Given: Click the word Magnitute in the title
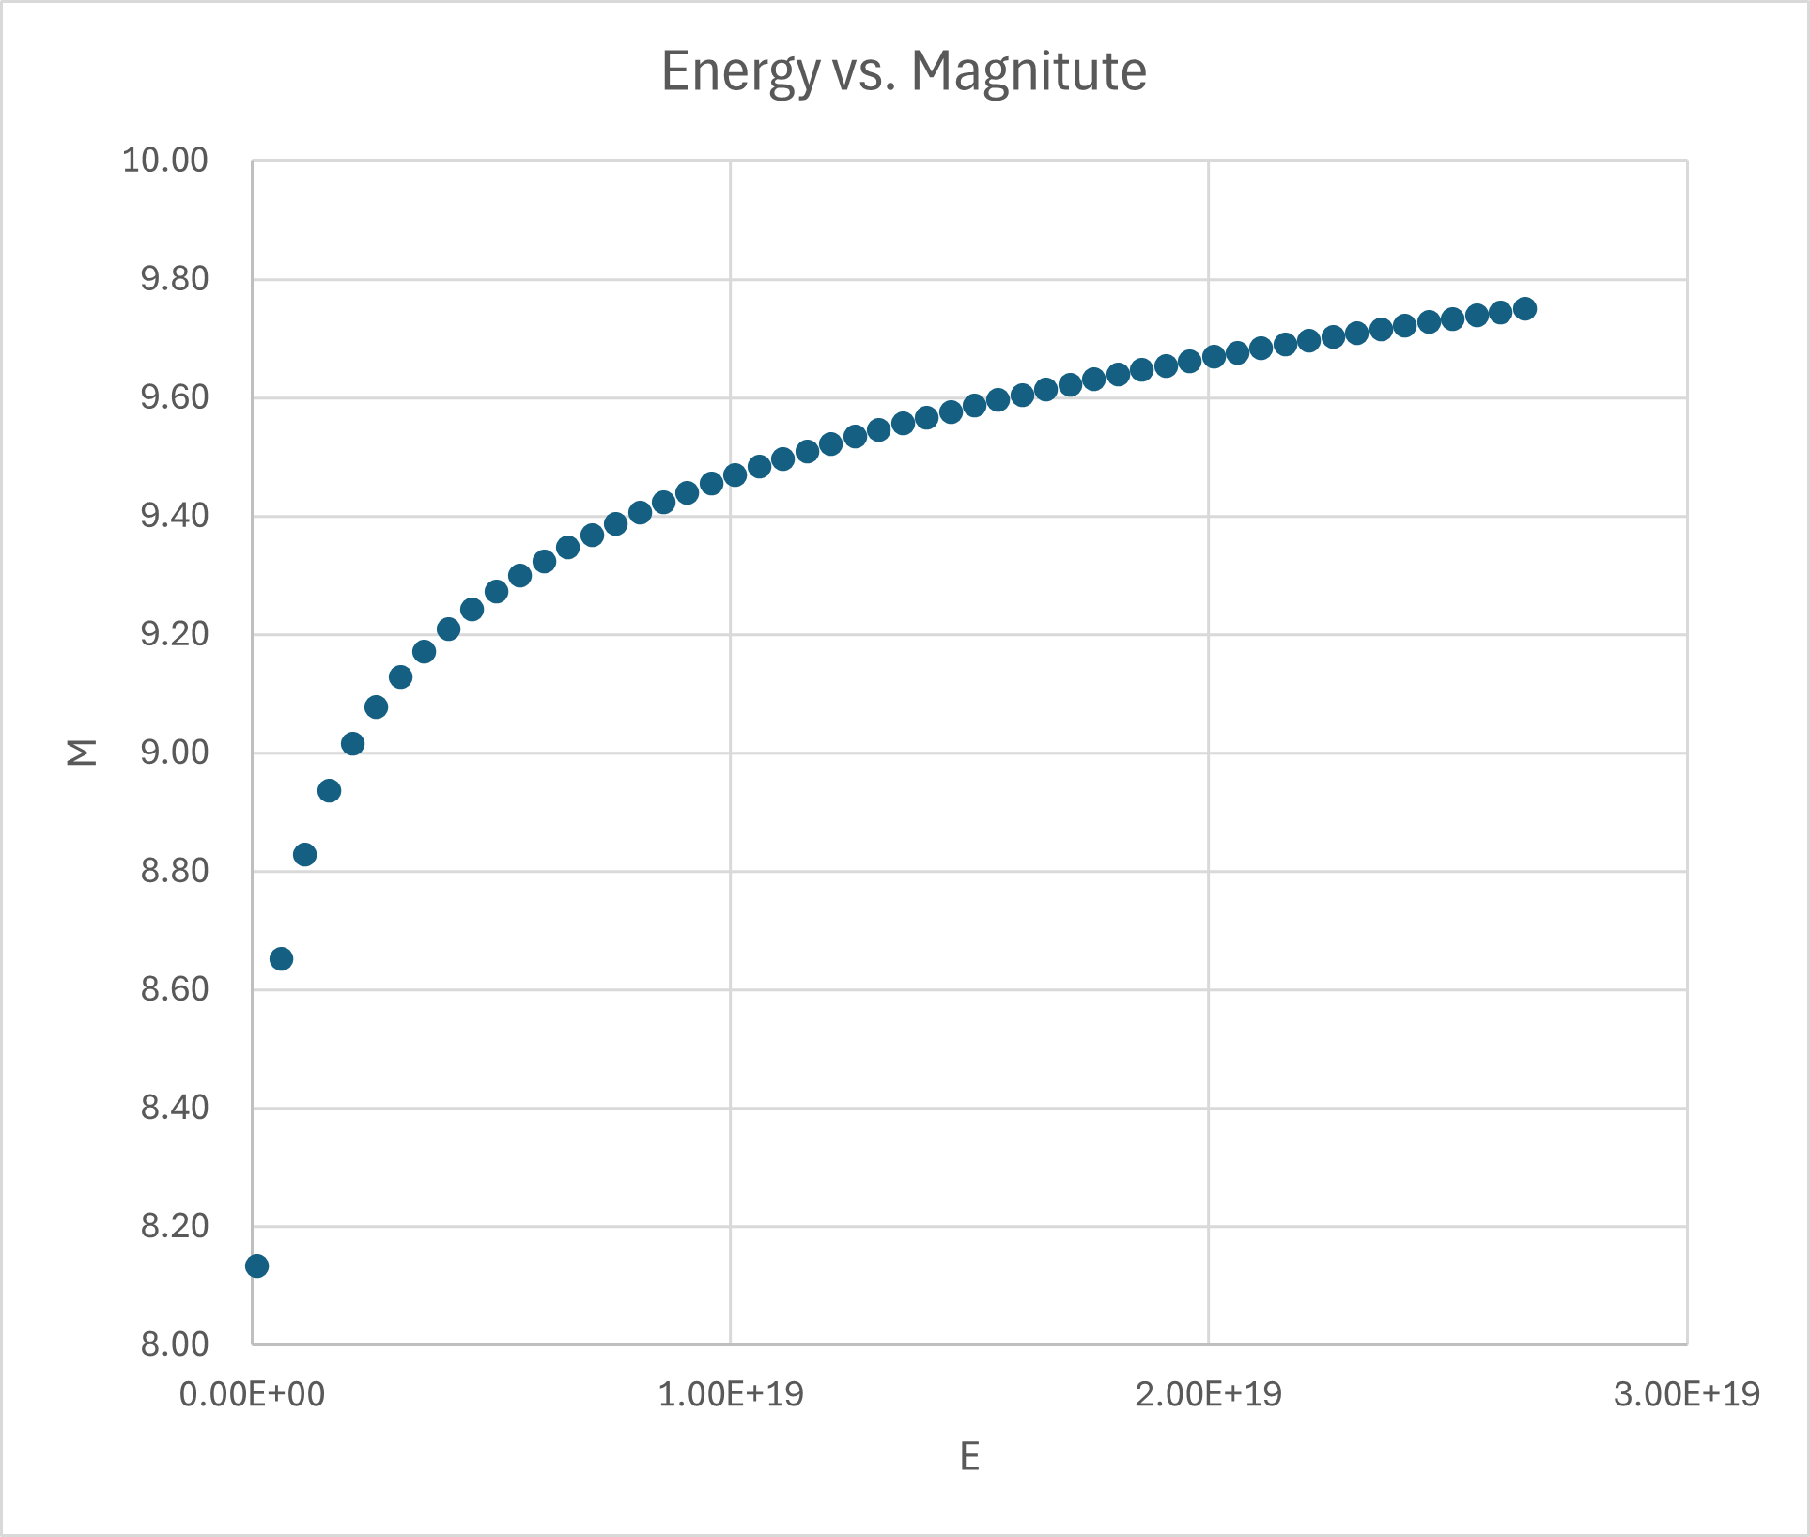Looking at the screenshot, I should click(1029, 71).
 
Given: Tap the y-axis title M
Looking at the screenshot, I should click(83, 753).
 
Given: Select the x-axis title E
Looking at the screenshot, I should click(969, 1457).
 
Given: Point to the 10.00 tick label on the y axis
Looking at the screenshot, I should click(165, 161).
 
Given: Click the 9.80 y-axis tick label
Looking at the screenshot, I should click(174, 279).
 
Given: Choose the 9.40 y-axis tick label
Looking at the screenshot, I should click(174, 516).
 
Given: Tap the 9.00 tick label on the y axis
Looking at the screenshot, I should click(174, 753).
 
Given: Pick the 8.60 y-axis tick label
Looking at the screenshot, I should click(174, 989).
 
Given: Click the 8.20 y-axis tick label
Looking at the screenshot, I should click(174, 1226).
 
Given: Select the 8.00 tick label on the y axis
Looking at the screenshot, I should click(174, 1344).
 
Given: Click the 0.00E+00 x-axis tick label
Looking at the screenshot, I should click(252, 1394).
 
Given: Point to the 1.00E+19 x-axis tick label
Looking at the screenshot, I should click(731, 1394).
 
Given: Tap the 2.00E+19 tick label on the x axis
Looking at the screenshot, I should click(1208, 1394).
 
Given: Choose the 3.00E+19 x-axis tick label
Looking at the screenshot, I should click(1687, 1394).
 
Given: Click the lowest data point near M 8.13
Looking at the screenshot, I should click(256, 1266).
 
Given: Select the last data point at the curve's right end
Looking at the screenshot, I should click(1524, 309).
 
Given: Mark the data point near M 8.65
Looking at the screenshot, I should click(281, 959).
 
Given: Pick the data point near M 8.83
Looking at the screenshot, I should click(304, 855).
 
